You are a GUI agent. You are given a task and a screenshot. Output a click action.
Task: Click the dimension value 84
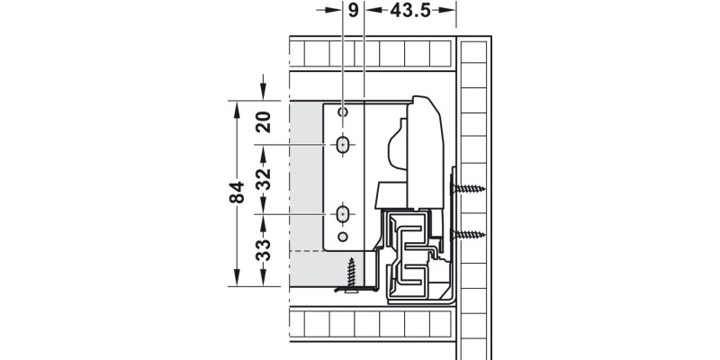point(237,193)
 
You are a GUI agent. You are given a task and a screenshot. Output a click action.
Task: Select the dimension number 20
point(264,122)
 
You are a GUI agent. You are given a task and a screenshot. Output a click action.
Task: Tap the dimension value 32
point(264,179)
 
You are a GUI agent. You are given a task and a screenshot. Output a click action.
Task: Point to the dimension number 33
point(264,250)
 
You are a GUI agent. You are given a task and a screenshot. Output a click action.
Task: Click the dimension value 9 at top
point(353,10)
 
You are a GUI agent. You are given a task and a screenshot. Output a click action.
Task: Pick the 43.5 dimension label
point(410,10)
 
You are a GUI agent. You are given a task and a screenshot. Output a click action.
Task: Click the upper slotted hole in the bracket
point(343,145)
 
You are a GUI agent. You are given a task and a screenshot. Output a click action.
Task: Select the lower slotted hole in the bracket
point(343,214)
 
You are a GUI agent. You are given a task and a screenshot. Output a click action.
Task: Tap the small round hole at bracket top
point(343,112)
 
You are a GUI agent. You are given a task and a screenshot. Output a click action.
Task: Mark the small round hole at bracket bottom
point(343,237)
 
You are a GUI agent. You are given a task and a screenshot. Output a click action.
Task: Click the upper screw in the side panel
point(468,188)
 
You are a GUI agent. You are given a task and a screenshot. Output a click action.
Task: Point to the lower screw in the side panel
point(468,235)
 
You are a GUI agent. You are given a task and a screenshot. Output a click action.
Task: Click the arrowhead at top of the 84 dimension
point(237,110)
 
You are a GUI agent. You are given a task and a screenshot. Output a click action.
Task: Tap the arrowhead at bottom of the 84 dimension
point(237,277)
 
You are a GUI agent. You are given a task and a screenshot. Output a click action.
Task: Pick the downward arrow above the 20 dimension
point(263,86)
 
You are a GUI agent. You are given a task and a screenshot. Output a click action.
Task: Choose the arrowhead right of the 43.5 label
point(446,10)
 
